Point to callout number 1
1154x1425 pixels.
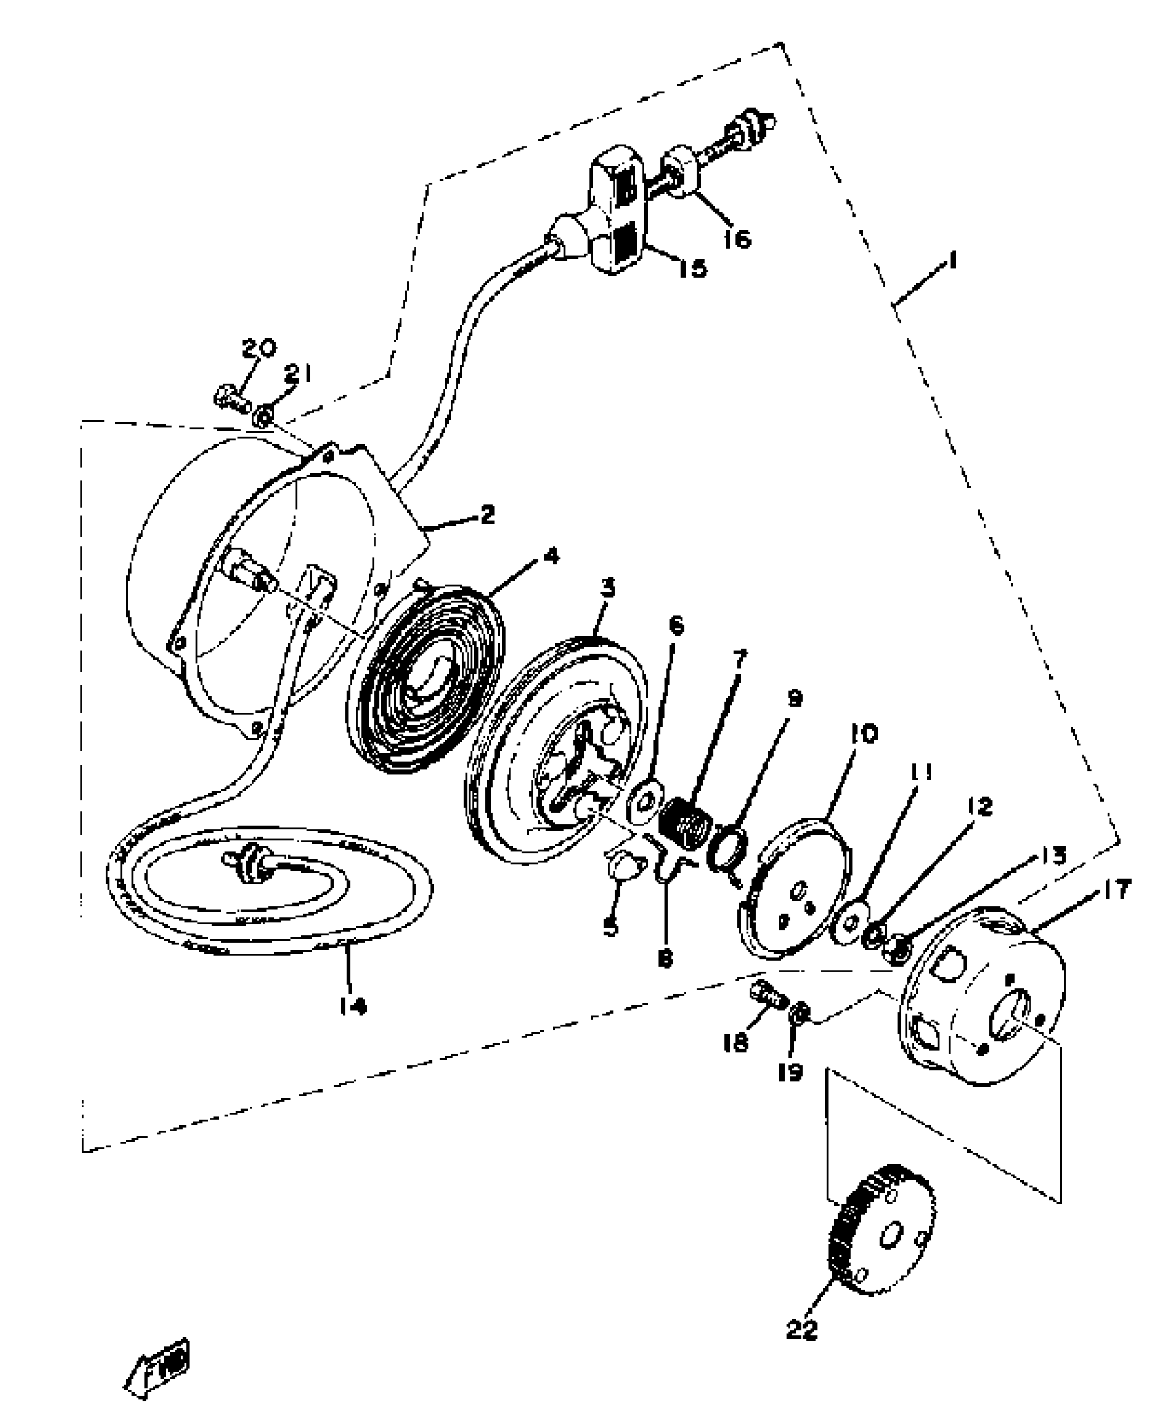(x=953, y=260)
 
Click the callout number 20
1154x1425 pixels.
(x=259, y=349)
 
